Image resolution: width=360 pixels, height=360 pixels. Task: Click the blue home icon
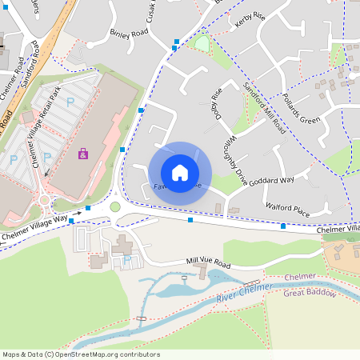click(x=180, y=172)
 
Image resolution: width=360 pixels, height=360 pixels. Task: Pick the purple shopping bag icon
click(x=82, y=153)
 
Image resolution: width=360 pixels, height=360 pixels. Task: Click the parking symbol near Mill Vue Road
click(x=127, y=261)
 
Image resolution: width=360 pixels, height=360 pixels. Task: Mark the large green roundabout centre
click(x=114, y=207)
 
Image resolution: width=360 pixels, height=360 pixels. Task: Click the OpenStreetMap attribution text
click(x=80, y=354)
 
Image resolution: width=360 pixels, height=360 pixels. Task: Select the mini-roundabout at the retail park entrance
click(x=45, y=201)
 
